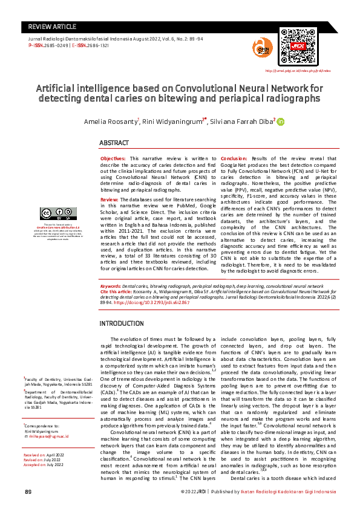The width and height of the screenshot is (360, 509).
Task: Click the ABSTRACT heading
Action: click(114, 143)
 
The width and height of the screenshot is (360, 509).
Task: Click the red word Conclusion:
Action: click(234, 157)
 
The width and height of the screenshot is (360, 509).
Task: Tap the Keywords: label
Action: click(111, 285)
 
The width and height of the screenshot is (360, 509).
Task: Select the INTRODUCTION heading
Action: click(122, 323)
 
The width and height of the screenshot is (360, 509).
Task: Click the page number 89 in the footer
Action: click(28, 491)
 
